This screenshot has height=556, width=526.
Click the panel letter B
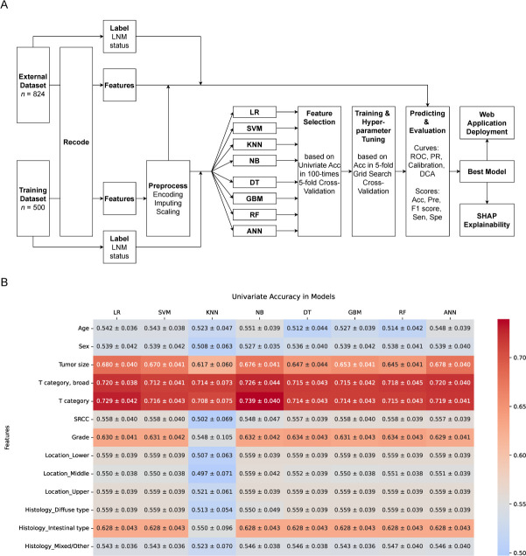coord(6,285)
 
